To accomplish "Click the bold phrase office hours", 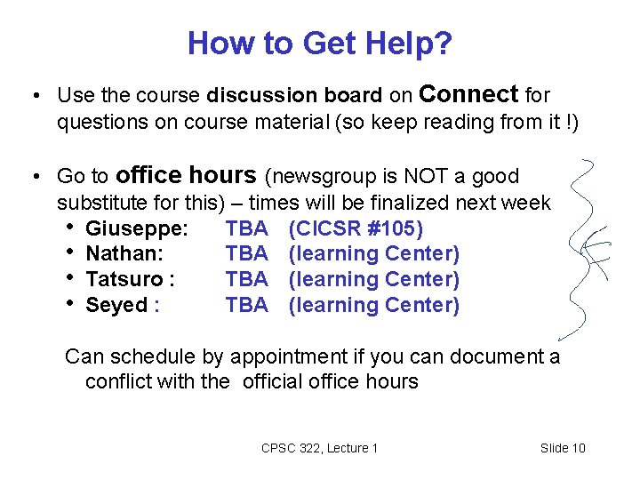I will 186,175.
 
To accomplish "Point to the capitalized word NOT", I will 414,176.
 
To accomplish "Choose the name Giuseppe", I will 136,229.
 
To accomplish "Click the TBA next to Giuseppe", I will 247,229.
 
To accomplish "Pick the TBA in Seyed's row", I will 247,305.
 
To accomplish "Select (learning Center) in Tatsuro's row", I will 375,279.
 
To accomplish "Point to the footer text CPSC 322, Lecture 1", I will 320,448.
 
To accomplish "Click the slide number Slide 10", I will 563,448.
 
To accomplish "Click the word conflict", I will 117,382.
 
